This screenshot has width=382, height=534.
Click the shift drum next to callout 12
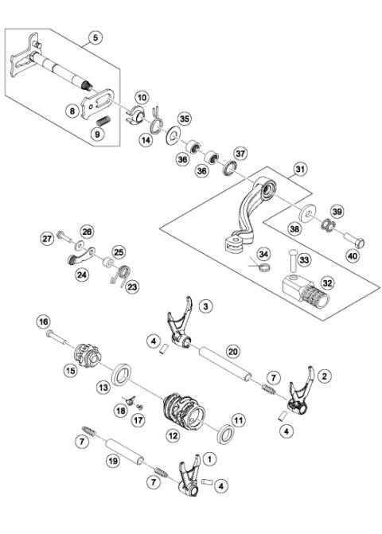coord(185,405)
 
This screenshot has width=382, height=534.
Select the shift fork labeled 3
coord(181,329)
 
